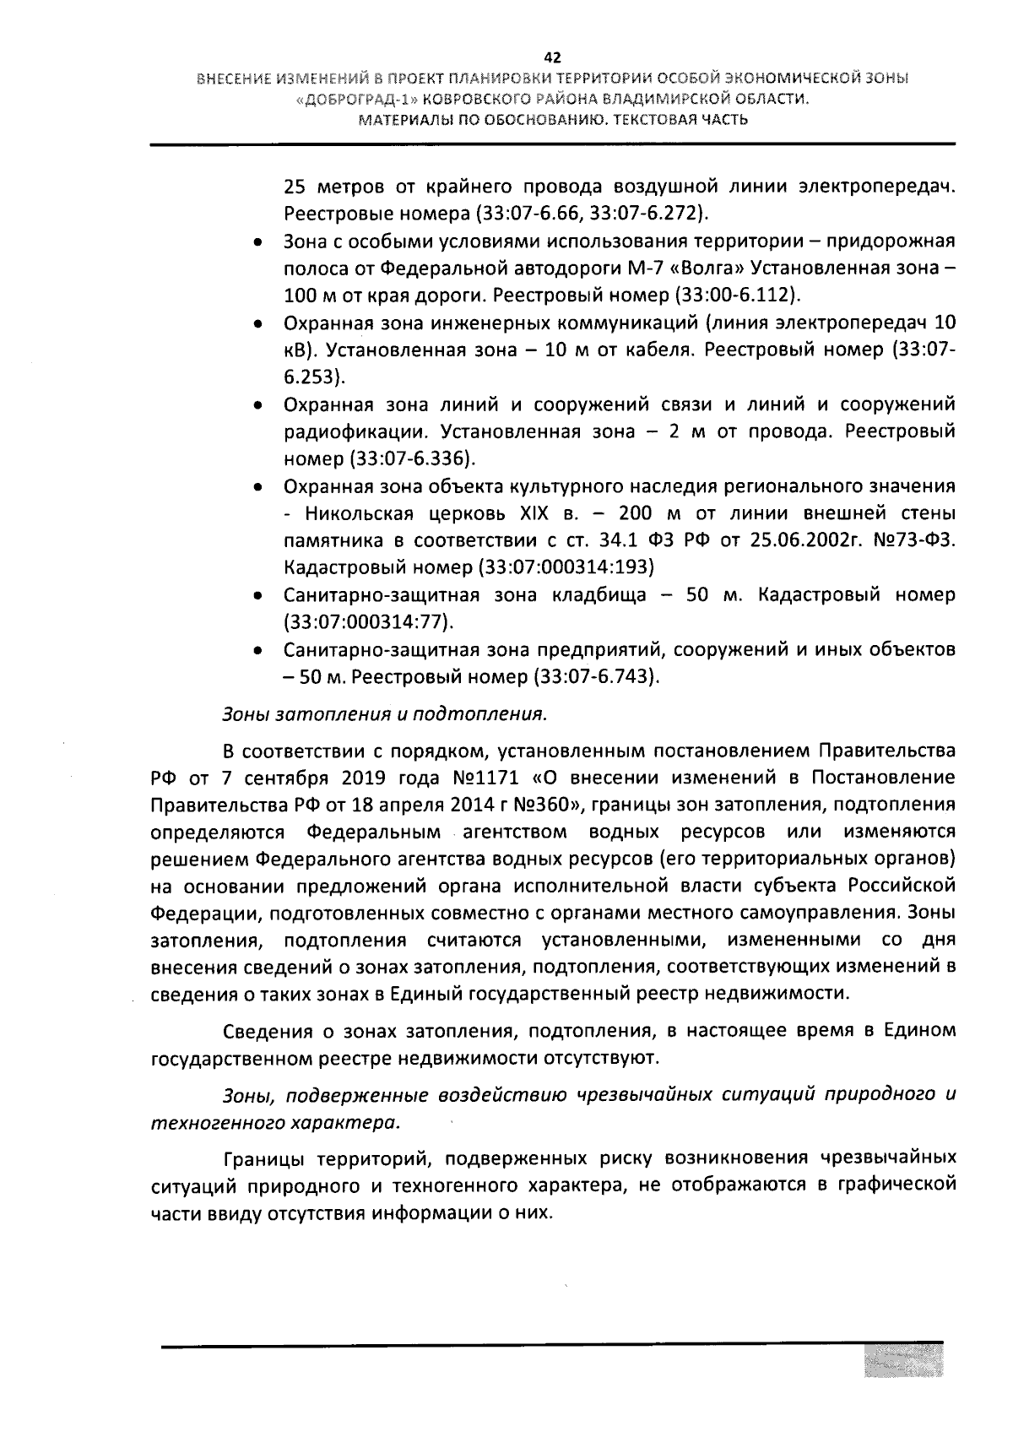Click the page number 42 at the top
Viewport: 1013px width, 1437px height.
[x=553, y=57]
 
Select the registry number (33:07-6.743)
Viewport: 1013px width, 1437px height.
[x=596, y=677]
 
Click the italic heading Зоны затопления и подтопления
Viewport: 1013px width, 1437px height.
[x=384, y=714]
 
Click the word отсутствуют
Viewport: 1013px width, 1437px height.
[x=593, y=1057]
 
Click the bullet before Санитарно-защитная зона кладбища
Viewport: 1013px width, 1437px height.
[x=257, y=596]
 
